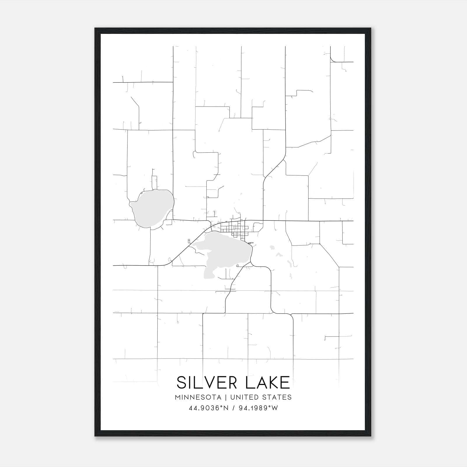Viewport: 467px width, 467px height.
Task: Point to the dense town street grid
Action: (x=235, y=229)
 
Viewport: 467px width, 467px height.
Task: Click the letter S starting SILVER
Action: (x=182, y=382)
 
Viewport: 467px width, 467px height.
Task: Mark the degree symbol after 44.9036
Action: (x=219, y=406)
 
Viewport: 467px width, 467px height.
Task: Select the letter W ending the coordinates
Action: (x=275, y=408)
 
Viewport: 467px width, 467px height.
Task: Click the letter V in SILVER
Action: (x=214, y=382)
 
